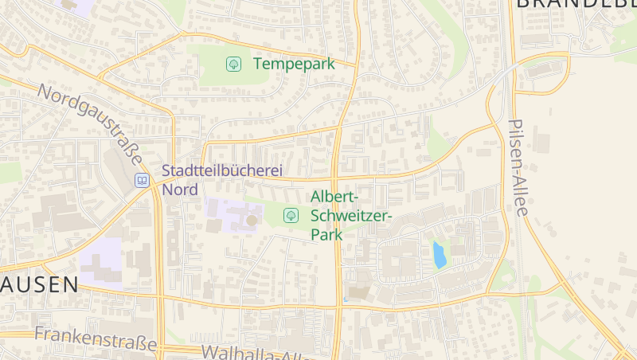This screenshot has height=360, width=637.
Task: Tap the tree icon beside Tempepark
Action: click(233, 64)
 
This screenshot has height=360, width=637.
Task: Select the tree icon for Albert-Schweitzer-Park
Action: click(291, 214)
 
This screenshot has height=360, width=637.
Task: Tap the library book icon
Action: click(142, 180)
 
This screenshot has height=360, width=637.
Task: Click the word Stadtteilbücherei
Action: click(222, 170)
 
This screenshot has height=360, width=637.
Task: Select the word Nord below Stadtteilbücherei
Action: click(179, 190)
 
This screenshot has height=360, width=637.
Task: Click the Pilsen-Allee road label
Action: click(518, 167)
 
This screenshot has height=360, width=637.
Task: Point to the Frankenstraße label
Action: click(95, 340)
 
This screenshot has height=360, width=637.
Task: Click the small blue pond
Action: click(439, 255)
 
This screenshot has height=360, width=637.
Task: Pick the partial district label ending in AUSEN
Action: click(39, 284)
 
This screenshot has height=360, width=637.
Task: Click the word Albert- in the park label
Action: click(335, 197)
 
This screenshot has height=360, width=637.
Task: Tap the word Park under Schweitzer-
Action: click(326, 235)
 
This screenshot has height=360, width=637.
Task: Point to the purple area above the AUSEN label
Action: click(101, 259)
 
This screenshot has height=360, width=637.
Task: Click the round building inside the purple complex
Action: click(252, 219)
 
